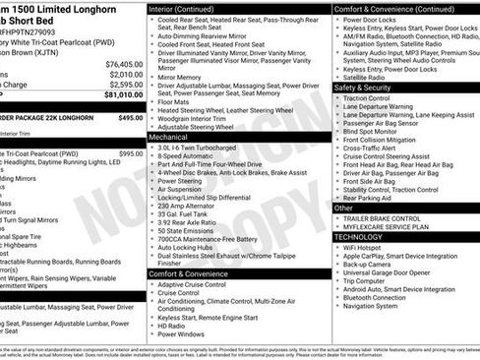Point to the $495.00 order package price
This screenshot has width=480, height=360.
[131, 117]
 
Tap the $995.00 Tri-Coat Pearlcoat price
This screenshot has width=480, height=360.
[131, 153]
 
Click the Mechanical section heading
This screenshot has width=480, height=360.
[168, 138]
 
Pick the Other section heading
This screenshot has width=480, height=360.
[343, 208]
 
